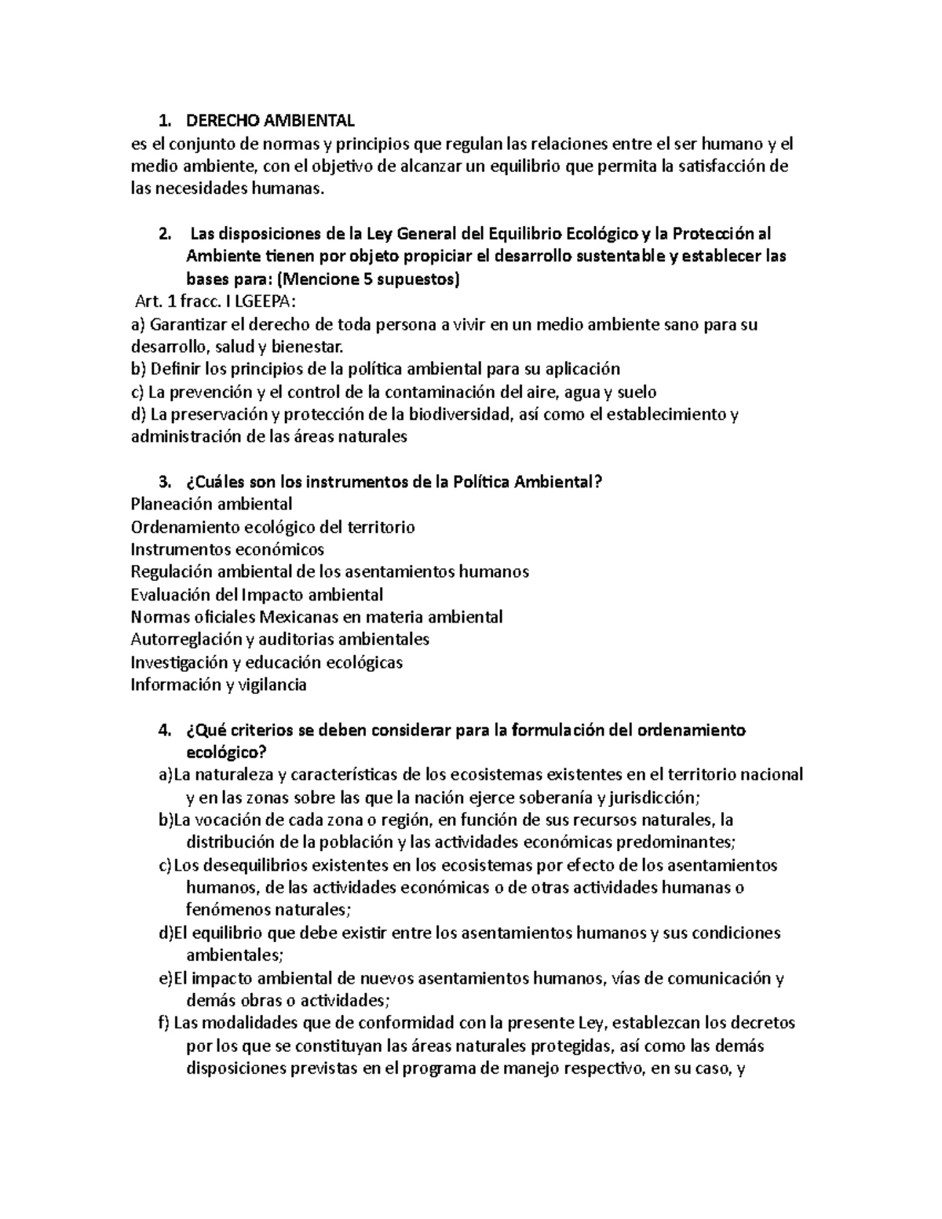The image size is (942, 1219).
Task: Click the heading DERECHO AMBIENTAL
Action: (x=269, y=121)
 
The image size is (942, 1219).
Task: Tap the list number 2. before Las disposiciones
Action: (x=163, y=234)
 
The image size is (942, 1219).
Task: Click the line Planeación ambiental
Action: (x=211, y=504)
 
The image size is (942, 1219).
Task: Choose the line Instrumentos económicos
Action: (x=227, y=549)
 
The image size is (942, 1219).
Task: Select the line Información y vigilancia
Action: (x=218, y=684)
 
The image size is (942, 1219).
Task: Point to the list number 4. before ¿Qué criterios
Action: (x=163, y=730)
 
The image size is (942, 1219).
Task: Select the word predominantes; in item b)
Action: (x=676, y=842)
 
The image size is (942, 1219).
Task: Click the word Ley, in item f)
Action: (x=592, y=1024)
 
